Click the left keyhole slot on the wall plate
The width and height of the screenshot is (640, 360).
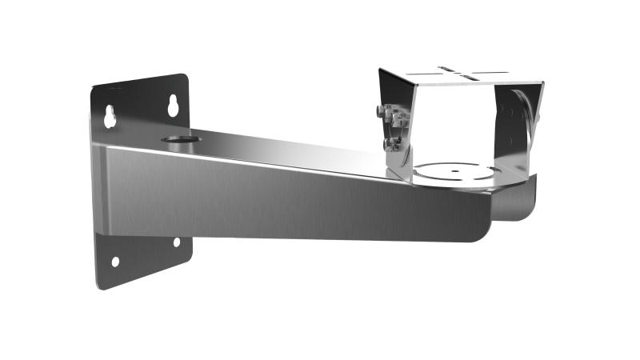pyautogui.click(x=110, y=117)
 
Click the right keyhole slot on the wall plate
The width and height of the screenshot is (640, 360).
pyautogui.click(x=173, y=106)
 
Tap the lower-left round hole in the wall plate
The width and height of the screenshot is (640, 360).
pyautogui.click(x=115, y=262)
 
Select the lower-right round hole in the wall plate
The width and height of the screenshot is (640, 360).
pyautogui.click(x=177, y=242)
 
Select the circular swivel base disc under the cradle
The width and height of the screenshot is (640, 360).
pyautogui.click(x=456, y=172)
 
